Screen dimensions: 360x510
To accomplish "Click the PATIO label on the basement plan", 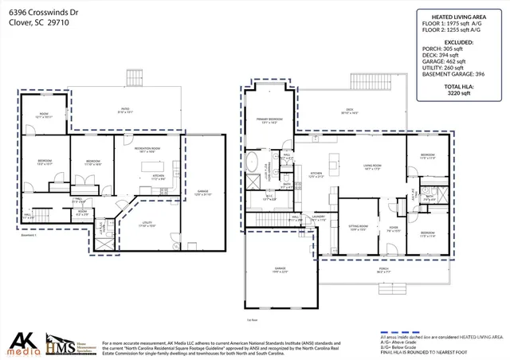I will click(x=124, y=111).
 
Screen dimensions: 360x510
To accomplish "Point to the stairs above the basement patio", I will click(x=132, y=79).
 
